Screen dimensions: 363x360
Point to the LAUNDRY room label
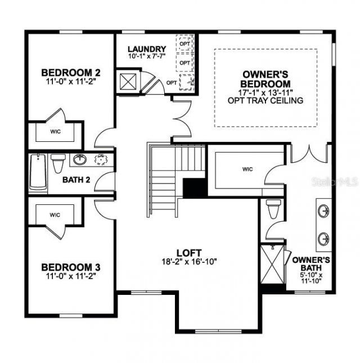click(x=146, y=49)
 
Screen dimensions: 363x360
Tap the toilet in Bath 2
click(x=58, y=163)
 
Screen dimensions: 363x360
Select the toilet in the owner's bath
click(x=273, y=209)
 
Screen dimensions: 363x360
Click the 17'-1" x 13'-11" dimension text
click(x=265, y=92)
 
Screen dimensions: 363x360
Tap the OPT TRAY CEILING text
click(x=265, y=101)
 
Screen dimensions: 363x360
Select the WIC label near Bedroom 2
click(x=55, y=132)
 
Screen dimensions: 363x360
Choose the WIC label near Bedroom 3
click(x=55, y=215)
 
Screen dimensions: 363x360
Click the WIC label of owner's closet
click(x=247, y=168)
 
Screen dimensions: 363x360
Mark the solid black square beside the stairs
click(x=195, y=187)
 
